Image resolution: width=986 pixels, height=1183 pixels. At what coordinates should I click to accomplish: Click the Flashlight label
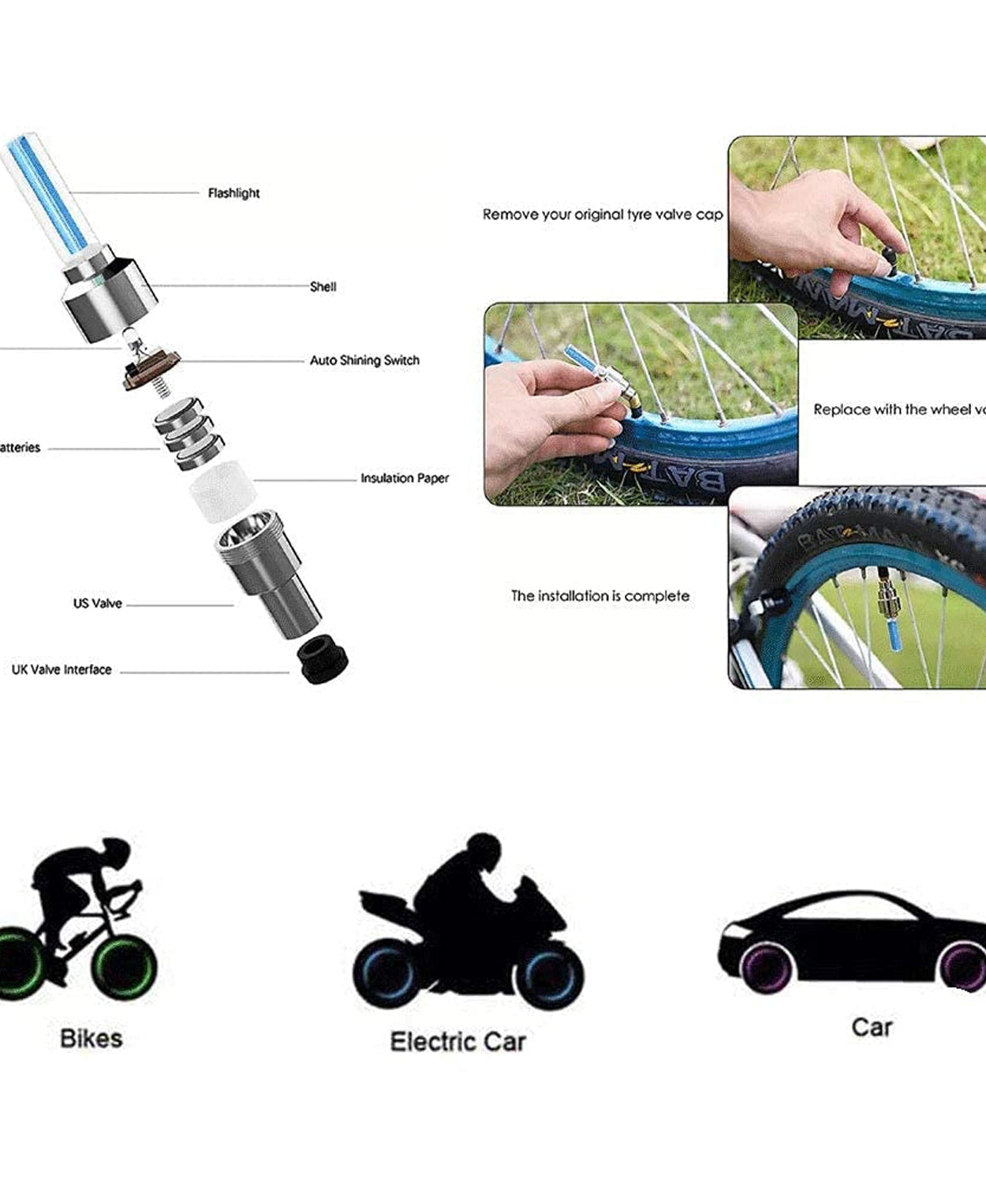point(233,193)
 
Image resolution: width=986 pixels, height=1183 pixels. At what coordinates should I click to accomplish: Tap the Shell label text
point(323,287)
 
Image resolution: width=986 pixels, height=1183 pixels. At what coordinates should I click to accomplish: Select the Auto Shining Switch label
point(364,360)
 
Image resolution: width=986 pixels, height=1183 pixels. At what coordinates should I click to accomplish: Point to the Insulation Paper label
point(405,478)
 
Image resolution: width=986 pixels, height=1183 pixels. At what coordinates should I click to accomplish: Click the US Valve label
point(98,603)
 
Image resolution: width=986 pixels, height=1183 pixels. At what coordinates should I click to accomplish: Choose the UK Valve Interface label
point(62,670)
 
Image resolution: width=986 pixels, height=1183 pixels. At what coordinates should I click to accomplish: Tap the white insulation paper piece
point(222,491)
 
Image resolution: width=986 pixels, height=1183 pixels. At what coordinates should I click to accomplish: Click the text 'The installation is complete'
point(600,596)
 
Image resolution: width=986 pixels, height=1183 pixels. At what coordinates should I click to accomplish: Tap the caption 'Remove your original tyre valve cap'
point(603,215)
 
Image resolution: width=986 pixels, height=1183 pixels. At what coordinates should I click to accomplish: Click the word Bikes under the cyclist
point(92,1039)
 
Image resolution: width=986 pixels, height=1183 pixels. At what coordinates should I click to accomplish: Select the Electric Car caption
point(458,1042)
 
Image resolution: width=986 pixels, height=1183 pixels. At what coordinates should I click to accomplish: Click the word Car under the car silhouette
point(872,1028)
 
